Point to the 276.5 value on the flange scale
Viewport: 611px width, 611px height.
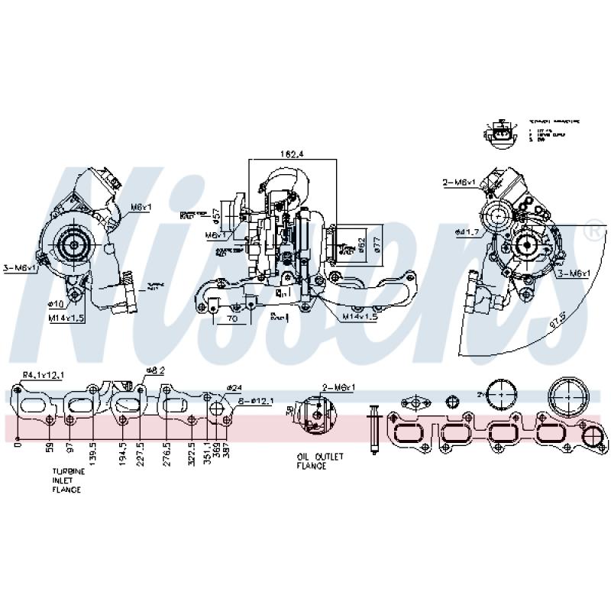pyautogui.click(x=167, y=454)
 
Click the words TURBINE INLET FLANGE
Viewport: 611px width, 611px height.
pyautogui.click(x=67, y=481)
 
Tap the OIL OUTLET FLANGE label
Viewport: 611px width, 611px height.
pyautogui.click(x=321, y=461)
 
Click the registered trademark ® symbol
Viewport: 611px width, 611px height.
pyautogui.click(x=591, y=230)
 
